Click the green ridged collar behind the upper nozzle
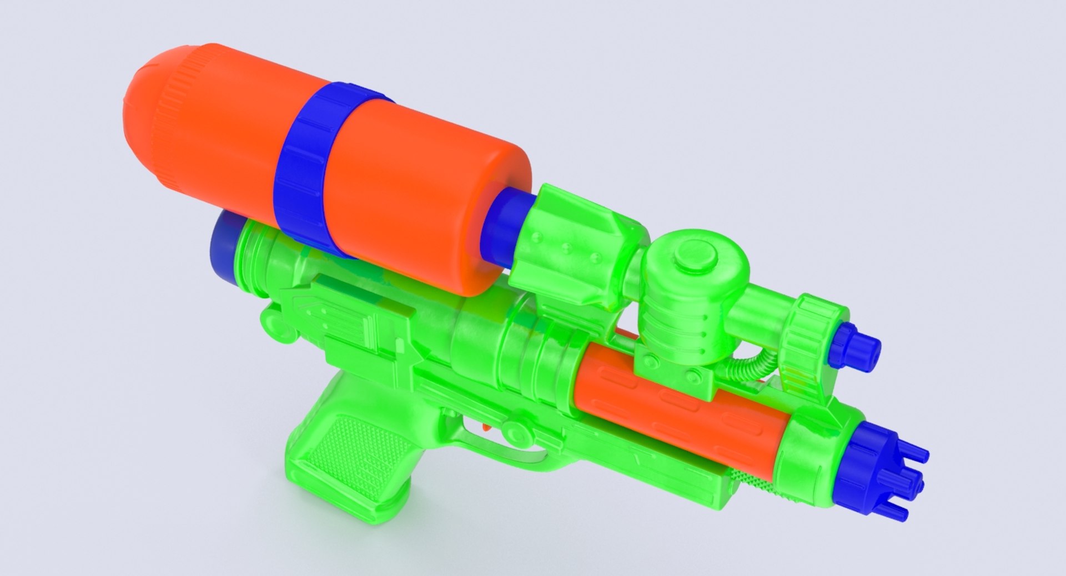[813, 333]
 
